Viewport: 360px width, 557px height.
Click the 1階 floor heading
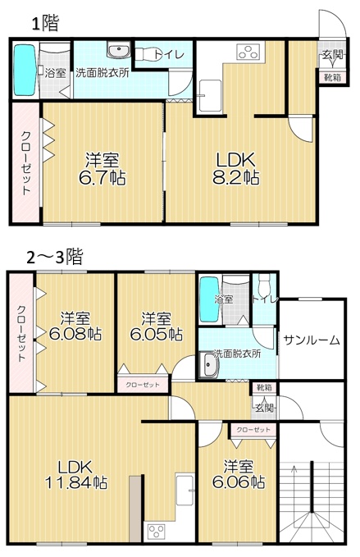pos(45,24)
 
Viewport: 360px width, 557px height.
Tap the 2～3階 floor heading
pos(55,257)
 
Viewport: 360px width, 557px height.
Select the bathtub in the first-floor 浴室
pos(25,70)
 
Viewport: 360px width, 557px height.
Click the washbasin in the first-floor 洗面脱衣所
pos(119,50)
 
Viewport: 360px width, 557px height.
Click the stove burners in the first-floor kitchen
pos(248,52)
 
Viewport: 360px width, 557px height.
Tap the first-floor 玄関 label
pos(333,55)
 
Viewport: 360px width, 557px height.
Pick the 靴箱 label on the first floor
pos(332,77)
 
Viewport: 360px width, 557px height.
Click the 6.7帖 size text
pos(102,178)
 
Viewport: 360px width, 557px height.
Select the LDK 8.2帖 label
pos(235,169)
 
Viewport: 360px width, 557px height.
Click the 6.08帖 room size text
pos(75,334)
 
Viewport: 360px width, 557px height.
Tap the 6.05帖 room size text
pos(156,334)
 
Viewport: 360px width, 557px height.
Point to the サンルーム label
pos(312,340)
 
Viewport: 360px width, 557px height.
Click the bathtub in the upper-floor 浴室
pos(209,299)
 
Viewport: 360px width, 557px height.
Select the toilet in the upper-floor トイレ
pos(263,286)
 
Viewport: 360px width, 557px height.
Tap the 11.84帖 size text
pos(76,482)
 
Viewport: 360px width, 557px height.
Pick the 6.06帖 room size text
pos(239,482)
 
